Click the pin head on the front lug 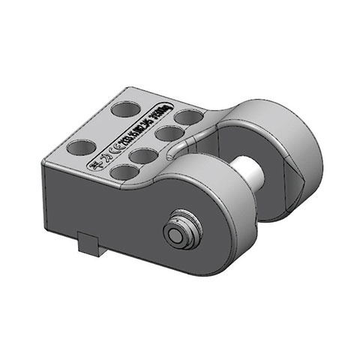point(180,233)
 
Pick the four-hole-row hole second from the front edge point(142,155)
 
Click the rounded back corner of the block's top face point(142,91)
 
